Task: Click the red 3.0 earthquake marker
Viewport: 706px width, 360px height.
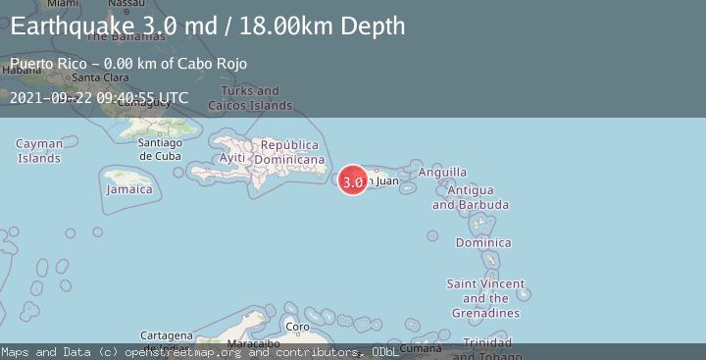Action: coord(353,180)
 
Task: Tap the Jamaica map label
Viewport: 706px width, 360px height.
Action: coord(129,188)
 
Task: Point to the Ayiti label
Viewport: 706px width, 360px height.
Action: coord(231,158)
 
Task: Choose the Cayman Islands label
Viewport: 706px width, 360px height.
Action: coord(39,150)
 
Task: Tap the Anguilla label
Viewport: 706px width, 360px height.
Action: coord(443,172)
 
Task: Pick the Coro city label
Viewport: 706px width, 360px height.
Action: coord(297,327)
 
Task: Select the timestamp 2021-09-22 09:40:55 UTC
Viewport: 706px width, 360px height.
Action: coord(99,97)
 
